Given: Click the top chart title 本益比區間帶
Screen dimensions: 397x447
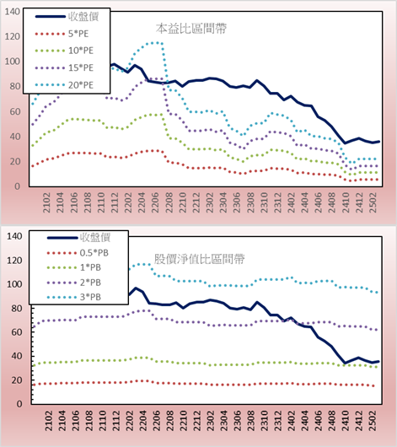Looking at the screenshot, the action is point(191,29).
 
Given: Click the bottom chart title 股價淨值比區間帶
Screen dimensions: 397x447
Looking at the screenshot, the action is point(199,259).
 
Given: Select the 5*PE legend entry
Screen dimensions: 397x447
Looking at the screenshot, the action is point(62,34).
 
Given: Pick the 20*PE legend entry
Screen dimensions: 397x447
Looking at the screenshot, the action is point(64,85).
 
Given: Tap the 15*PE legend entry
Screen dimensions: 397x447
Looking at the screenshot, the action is point(64,67).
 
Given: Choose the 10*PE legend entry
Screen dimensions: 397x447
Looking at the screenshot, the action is point(64,51).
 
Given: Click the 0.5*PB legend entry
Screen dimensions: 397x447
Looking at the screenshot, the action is point(78,253).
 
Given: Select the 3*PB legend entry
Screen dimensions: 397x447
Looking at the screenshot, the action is point(74,297).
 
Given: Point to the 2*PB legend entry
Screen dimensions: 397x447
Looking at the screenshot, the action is point(74,283).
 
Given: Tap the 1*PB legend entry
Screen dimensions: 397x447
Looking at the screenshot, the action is point(74,267).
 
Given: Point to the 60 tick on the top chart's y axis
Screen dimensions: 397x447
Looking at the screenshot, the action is point(15,111).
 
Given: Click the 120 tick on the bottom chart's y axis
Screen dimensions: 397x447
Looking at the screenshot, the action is point(14,261).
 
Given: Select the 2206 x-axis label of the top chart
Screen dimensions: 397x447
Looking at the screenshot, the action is point(155,202).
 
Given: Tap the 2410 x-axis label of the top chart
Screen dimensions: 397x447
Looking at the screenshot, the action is point(346,202).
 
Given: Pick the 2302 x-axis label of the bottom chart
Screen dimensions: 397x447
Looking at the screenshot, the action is point(211,421).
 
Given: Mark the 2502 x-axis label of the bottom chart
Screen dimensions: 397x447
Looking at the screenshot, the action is point(373,421).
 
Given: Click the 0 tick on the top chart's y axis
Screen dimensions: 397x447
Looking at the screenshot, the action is point(18,186).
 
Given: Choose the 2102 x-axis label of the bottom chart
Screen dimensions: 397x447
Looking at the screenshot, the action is point(49,421).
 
